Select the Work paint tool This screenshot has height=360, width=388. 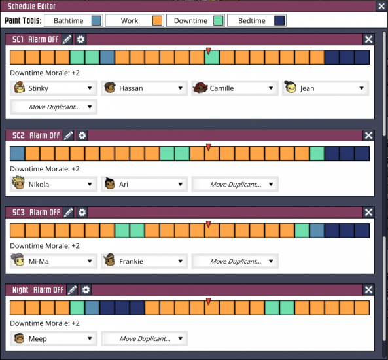point(133,20)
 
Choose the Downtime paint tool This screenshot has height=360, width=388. point(196,20)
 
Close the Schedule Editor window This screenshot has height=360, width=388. point(381,6)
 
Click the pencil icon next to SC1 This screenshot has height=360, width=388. point(67,39)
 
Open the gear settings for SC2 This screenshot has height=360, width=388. point(82,135)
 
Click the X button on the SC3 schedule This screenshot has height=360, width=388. point(368,213)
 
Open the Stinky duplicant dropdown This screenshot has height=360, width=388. point(54,88)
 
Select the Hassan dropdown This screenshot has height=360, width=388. point(143,88)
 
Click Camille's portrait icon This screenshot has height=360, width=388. point(201,88)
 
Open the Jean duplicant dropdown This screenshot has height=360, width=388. point(325,88)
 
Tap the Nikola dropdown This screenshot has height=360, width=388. point(54,185)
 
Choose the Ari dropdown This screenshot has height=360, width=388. point(143,185)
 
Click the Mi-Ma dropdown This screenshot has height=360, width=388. point(54,262)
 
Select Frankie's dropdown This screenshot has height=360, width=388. point(143,262)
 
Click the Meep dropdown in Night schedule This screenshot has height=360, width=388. point(54,339)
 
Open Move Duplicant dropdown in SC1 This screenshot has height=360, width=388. point(54,107)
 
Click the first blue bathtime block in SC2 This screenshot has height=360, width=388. point(17,154)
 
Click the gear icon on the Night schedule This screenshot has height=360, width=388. point(86,290)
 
